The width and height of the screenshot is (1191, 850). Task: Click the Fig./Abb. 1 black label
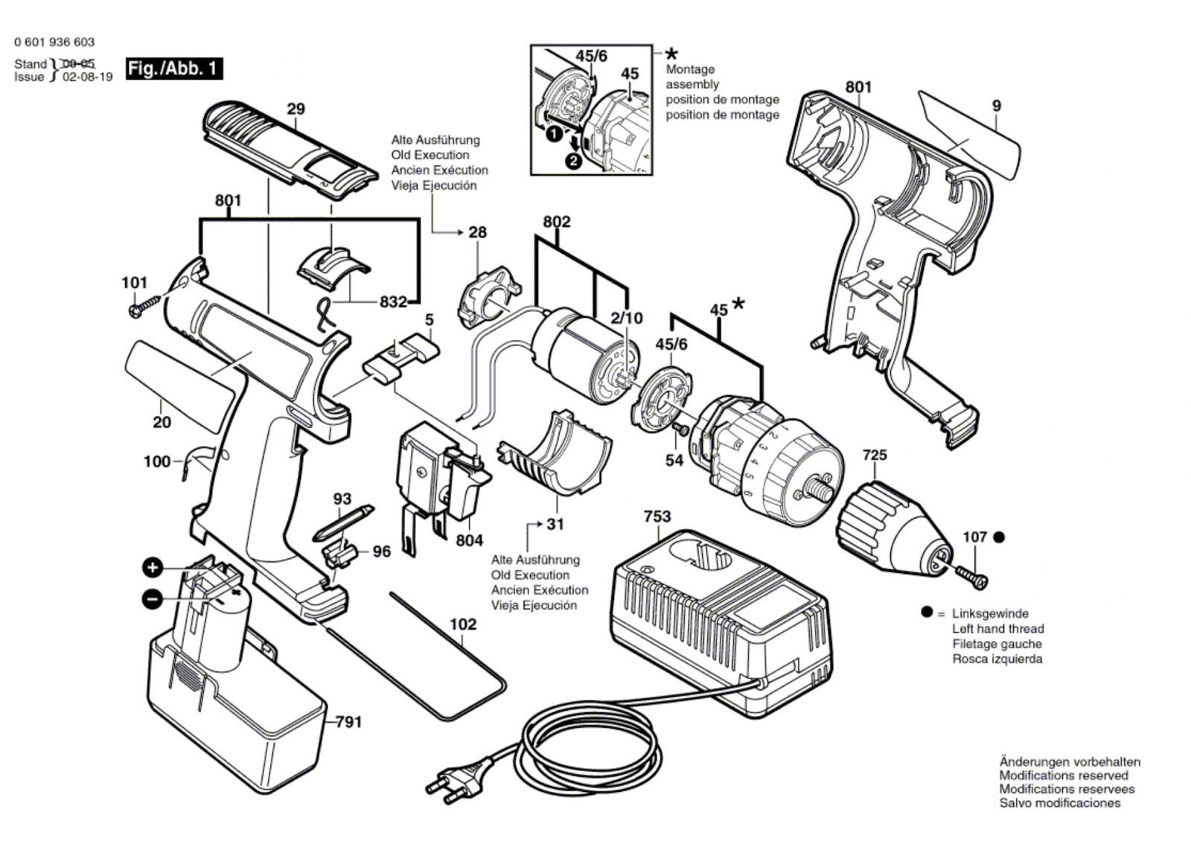(174, 68)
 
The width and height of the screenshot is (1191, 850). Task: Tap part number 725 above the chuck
(875, 454)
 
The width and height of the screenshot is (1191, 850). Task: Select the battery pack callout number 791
(348, 721)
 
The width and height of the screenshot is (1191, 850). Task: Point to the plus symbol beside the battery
(153, 569)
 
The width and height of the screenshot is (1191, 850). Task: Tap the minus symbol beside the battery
(152, 598)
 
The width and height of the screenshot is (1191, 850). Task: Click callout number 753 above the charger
(657, 516)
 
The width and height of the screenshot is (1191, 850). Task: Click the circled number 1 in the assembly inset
(552, 135)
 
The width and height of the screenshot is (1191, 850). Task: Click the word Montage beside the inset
(689, 69)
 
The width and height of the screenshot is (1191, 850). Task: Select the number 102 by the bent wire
(462, 624)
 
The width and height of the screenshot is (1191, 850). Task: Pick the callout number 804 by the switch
(469, 540)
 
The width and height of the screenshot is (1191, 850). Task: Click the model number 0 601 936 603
(54, 42)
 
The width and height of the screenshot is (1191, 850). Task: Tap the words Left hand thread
(997, 629)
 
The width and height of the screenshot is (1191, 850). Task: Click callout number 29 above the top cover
(296, 109)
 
